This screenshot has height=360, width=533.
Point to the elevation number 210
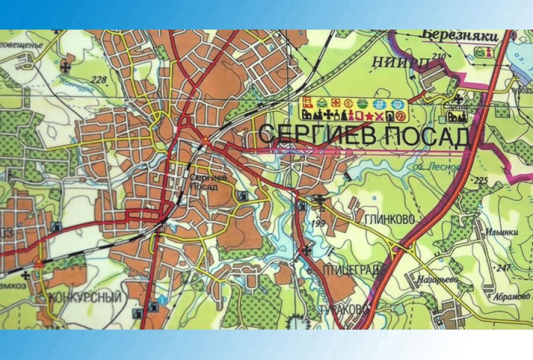click(439, 57)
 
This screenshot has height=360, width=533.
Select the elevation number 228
click(99, 81)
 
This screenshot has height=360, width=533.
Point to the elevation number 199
click(317, 223)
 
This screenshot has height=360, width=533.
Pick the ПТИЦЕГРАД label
click(354, 271)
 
